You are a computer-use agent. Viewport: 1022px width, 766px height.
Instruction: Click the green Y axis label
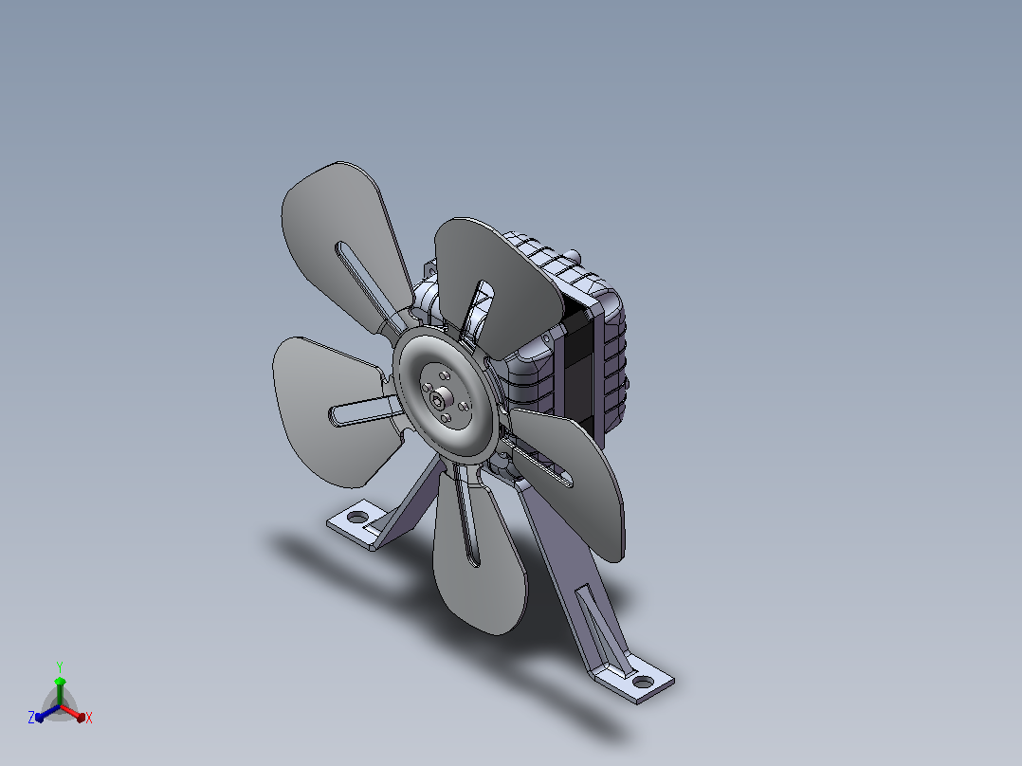click(x=60, y=666)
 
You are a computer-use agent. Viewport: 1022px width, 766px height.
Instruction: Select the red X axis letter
click(x=89, y=718)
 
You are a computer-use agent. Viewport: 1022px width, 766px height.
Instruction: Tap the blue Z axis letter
click(x=31, y=717)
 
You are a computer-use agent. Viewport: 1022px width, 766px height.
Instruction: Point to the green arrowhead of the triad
click(x=60, y=682)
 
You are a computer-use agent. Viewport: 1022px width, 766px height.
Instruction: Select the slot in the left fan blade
click(x=364, y=412)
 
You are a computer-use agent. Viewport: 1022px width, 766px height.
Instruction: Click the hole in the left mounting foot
click(x=357, y=517)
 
